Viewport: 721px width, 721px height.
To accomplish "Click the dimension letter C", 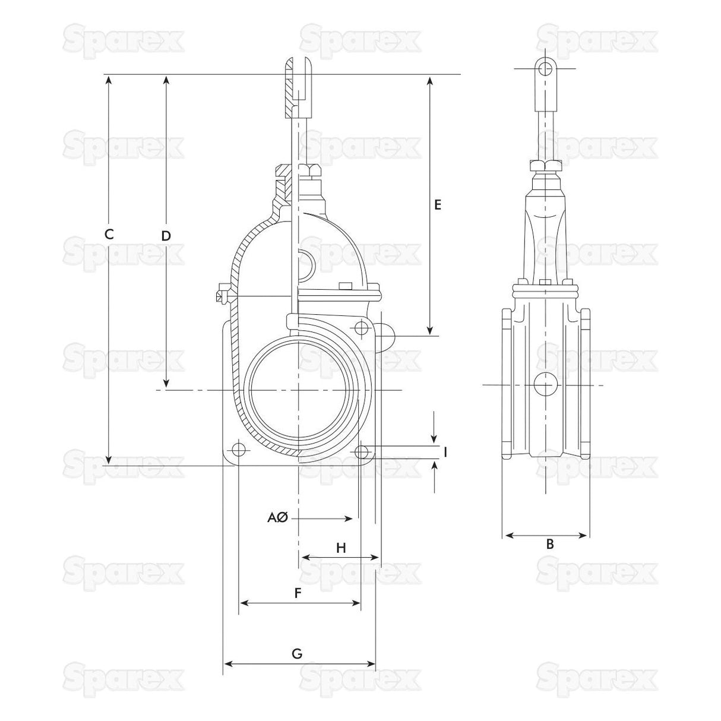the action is [x=109, y=234].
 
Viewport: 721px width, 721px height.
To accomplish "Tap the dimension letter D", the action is [x=166, y=236].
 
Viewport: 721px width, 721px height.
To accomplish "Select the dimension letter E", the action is [x=437, y=205].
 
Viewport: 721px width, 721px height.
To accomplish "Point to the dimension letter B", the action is [x=549, y=544].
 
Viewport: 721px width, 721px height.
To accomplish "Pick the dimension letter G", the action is [x=297, y=654].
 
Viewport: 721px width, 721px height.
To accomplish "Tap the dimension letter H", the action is [x=341, y=548].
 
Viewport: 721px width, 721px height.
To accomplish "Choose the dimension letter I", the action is [x=445, y=453].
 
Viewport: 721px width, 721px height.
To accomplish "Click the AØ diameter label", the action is [x=277, y=518].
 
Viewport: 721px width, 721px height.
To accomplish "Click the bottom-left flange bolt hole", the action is [x=239, y=448].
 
